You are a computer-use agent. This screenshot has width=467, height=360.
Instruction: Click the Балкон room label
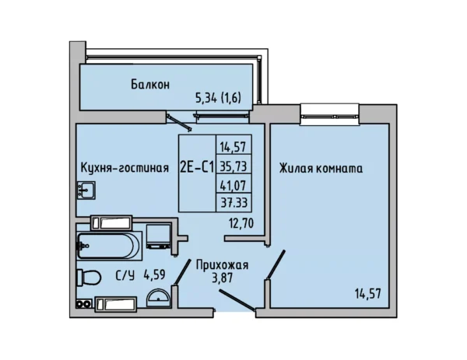click(150, 85)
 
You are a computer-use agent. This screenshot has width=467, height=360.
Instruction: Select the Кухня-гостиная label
click(125, 168)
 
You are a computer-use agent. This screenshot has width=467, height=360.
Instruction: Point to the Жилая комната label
click(321, 169)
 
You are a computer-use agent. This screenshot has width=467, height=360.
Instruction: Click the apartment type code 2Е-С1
click(197, 167)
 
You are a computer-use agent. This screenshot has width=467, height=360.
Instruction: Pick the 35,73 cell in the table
click(233, 166)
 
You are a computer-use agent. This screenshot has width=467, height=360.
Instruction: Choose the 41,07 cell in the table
click(233, 185)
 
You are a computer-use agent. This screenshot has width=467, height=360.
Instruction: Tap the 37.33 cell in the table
click(233, 203)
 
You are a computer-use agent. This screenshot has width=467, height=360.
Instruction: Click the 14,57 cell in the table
click(233, 146)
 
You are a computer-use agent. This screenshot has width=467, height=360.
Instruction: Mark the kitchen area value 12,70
click(241, 223)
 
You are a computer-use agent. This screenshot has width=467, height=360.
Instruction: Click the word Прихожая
click(222, 265)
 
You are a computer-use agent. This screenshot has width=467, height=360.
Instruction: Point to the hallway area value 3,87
click(222, 278)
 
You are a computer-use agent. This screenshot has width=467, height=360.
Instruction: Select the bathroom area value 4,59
click(154, 274)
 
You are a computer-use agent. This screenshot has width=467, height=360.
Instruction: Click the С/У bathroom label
click(125, 275)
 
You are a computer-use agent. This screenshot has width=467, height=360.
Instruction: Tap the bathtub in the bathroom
click(108, 246)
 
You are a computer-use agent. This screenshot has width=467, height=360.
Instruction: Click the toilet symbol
click(89, 278)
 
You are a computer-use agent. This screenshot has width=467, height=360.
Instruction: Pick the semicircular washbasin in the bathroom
click(159, 298)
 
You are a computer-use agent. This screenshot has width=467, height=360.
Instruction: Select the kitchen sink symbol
click(86, 190)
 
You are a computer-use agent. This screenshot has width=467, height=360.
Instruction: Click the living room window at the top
click(330, 114)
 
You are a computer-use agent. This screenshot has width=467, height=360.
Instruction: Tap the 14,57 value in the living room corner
click(368, 294)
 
